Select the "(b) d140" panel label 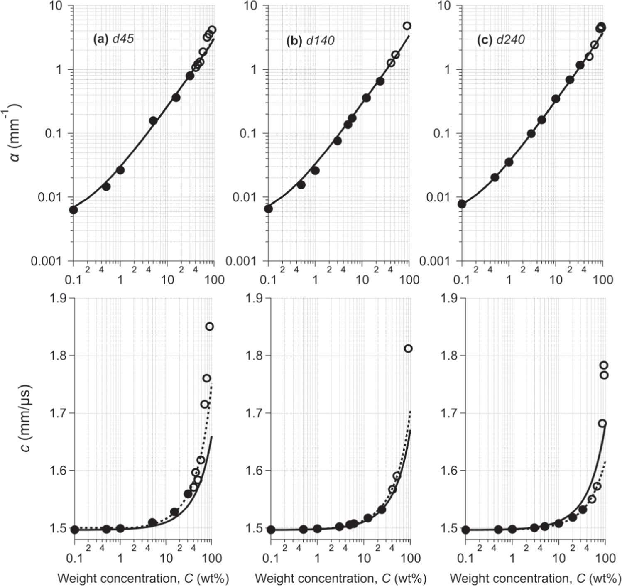[x=310, y=40]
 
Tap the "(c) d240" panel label [x=501, y=40]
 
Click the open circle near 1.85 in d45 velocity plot [x=209, y=326]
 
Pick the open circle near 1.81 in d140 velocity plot [x=408, y=348]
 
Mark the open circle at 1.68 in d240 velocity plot [x=602, y=423]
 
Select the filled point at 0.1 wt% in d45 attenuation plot [x=73, y=210]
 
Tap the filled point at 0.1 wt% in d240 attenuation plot [x=462, y=204]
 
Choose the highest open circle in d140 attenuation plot [x=407, y=26]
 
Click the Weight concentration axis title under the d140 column [x=340, y=578]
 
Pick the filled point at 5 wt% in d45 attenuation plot [x=153, y=120]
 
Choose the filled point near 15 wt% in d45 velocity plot [x=174, y=512]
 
